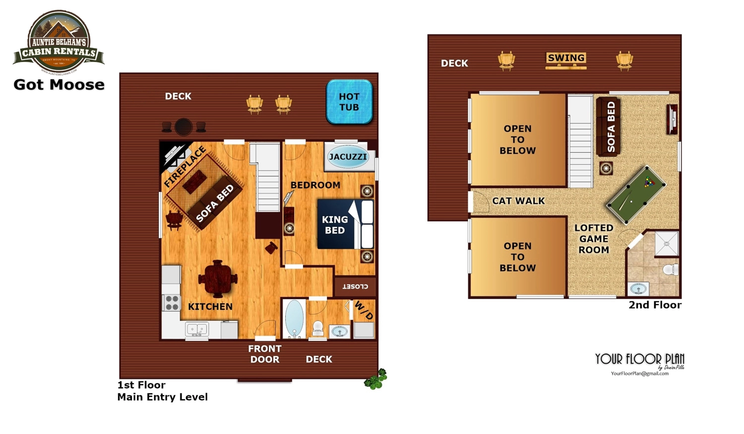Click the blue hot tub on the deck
[349, 102]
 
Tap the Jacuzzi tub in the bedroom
[348, 157]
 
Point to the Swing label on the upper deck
[566, 58]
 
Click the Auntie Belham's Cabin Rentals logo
[59, 42]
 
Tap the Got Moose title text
[59, 85]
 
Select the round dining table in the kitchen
[218, 279]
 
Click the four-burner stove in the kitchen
[172, 303]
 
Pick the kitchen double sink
[197, 329]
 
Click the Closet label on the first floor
[355, 286]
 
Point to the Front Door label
[265, 354]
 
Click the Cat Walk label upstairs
[518, 201]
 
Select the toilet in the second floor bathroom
[671, 269]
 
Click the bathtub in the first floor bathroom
[294, 318]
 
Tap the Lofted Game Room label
[594, 239]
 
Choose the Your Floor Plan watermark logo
[640, 364]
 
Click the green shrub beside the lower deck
[375, 379]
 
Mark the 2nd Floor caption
[655, 305]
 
